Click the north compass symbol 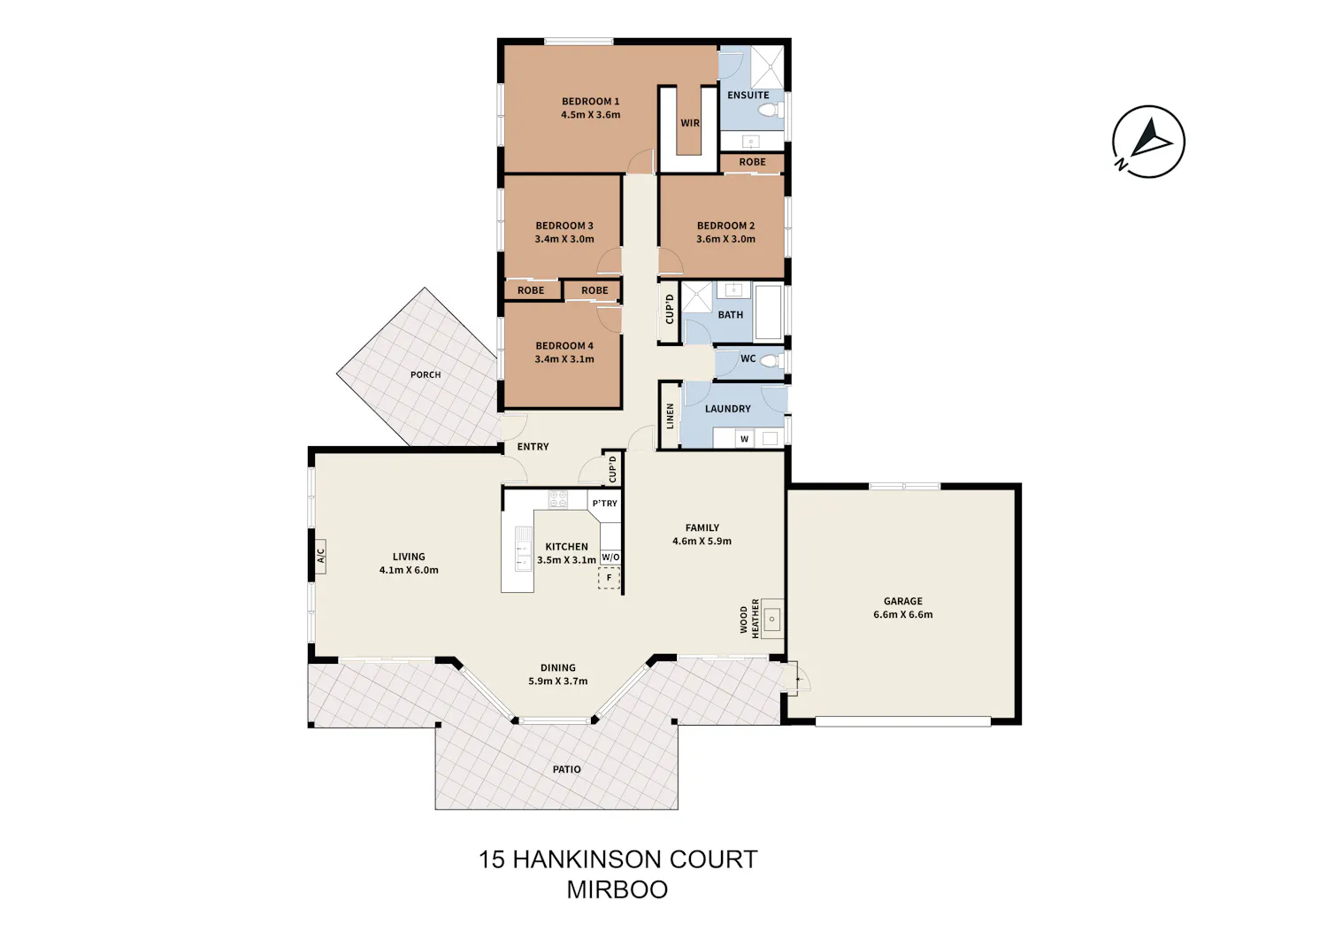tap(1148, 142)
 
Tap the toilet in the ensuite tap(770, 110)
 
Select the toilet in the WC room tap(770, 360)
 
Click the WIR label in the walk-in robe tap(689, 123)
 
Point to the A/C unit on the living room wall tap(320, 556)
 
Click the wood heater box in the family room tap(772, 619)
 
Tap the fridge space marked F tap(609, 577)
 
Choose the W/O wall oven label tap(610, 558)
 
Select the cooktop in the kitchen tap(557, 498)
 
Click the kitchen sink tap(523, 549)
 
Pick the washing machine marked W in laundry tap(745, 439)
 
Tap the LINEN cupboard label tap(670, 416)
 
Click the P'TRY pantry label tap(605, 504)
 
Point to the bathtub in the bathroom tap(768, 313)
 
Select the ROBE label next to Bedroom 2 tap(752, 162)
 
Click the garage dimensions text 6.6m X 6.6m tap(903, 615)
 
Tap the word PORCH tap(426, 374)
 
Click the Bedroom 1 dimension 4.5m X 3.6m tap(591, 114)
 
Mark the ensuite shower tap(767, 67)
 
